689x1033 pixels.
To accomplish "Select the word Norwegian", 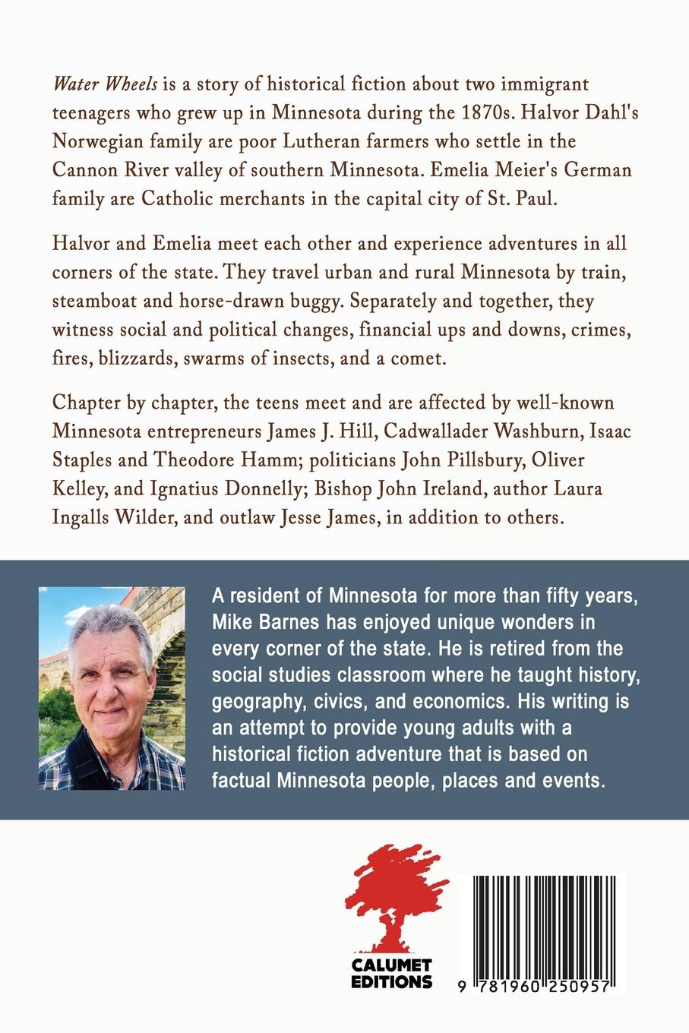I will click(x=104, y=142).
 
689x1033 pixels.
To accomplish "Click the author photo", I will click(x=112, y=687).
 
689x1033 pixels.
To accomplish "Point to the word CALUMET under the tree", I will click(x=392, y=966).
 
